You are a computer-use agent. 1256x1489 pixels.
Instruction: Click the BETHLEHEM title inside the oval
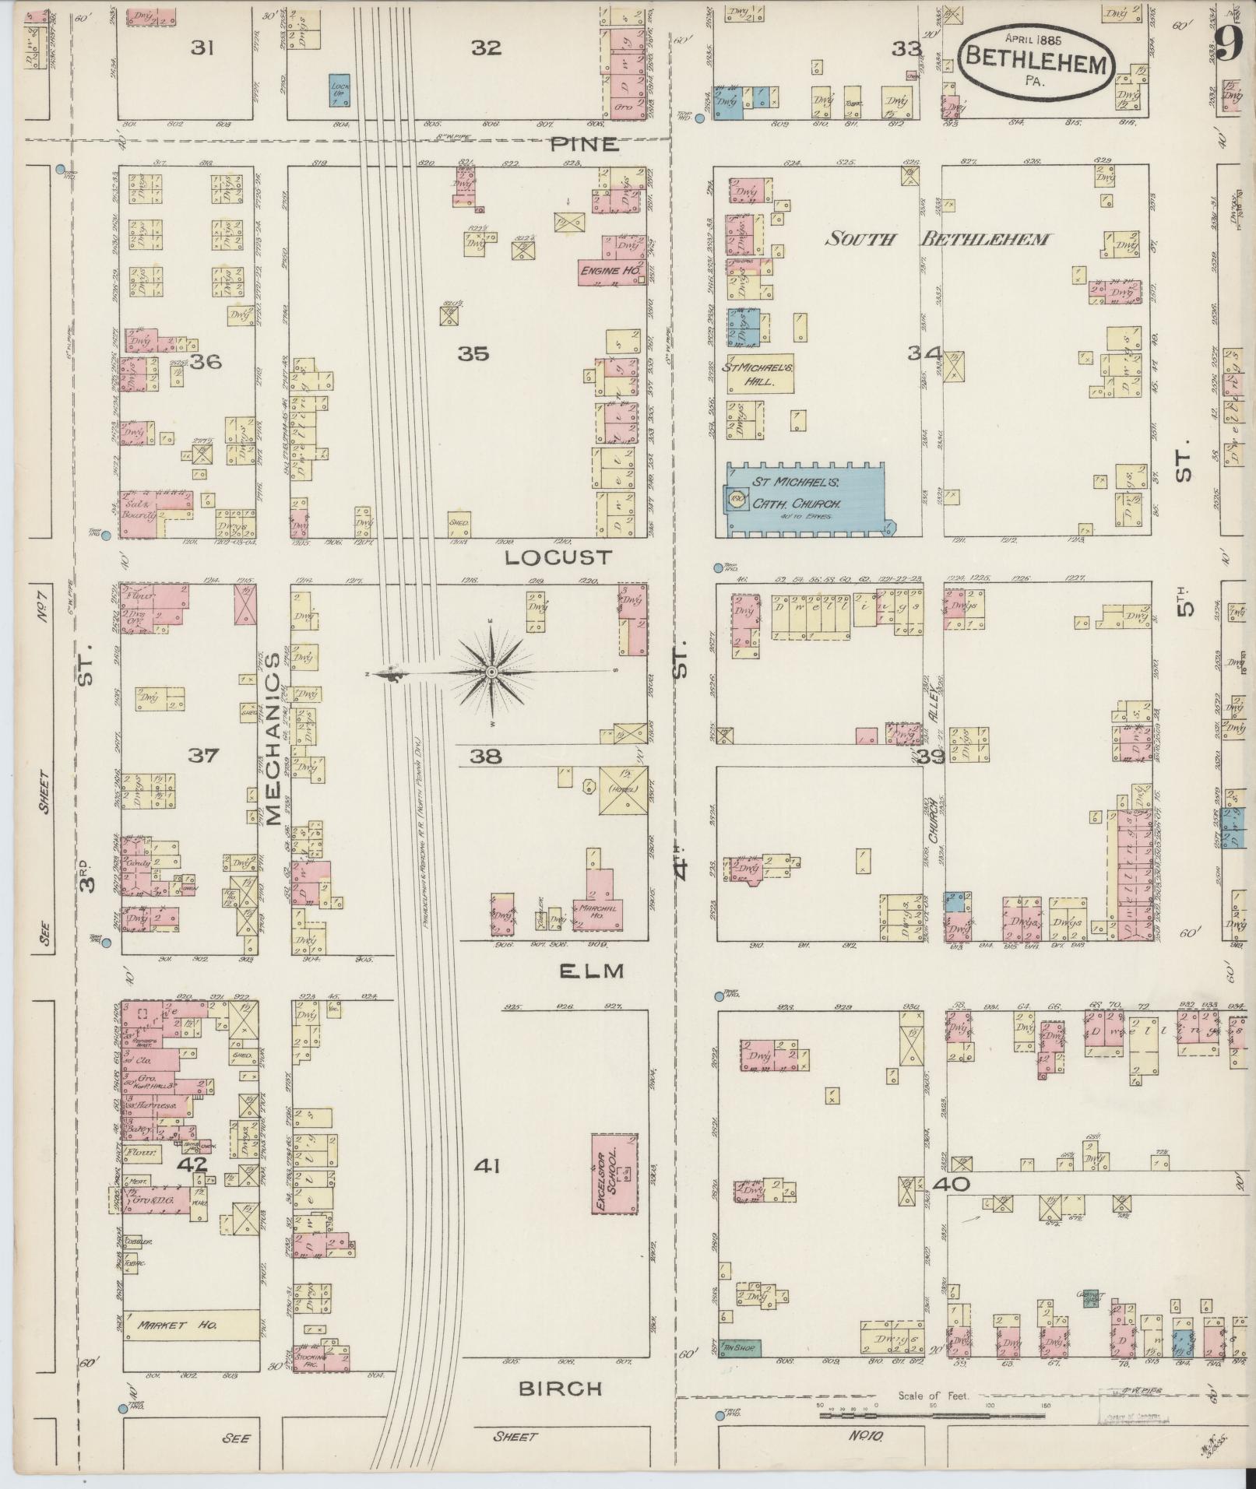[x=1036, y=63]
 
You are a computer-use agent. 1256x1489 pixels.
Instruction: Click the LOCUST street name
[x=558, y=557]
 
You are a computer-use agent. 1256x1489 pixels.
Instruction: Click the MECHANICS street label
[x=273, y=738]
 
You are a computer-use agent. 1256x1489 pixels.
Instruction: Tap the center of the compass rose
[x=491, y=672]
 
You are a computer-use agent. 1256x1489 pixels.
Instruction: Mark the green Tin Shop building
[x=741, y=1344]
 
